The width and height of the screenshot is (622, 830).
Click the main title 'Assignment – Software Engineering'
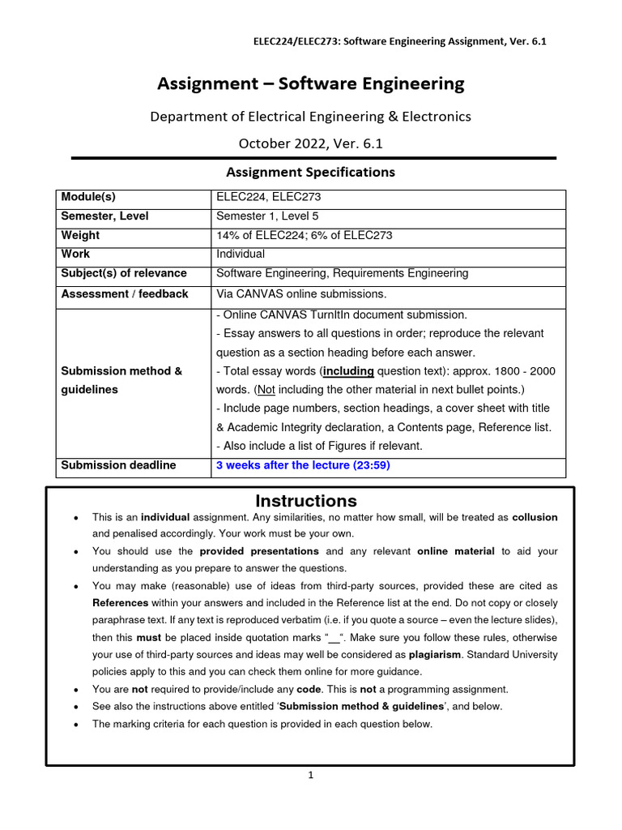click(311, 83)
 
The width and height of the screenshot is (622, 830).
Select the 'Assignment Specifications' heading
click(311, 172)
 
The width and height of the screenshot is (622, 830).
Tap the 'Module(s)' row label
click(88, 198)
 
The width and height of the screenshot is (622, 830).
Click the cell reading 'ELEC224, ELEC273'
click(262, 198)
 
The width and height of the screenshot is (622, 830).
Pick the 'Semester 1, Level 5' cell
click(267, 216)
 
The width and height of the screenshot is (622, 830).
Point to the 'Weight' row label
click(80, 235)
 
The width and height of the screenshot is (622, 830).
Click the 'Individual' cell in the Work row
click(241, 254)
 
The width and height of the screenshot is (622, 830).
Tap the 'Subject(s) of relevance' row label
click(124, 273)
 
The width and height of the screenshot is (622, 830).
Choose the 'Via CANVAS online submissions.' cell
click(301, 293)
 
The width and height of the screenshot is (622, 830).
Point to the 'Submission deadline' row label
click(118, 465)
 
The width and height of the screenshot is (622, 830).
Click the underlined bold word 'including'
click(349, 371)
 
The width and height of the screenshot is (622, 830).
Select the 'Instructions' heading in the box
click(306, 501)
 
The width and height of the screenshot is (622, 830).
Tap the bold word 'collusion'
click(535, 517)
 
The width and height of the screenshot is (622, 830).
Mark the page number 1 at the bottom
click(311, 775)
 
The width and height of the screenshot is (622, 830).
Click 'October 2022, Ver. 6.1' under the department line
click(311, 143)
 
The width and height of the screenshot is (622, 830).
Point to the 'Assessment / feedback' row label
click(124, 293)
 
